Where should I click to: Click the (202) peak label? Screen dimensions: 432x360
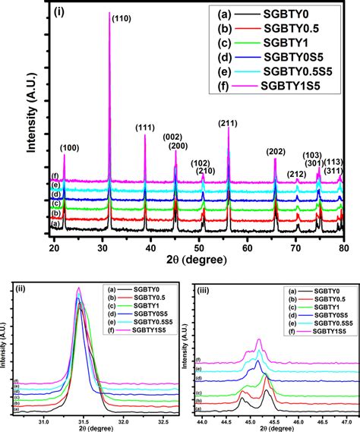click(276, 152)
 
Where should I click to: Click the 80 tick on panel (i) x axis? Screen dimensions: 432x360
click(344, 247)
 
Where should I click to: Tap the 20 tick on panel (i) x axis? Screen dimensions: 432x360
click(54, 247)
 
